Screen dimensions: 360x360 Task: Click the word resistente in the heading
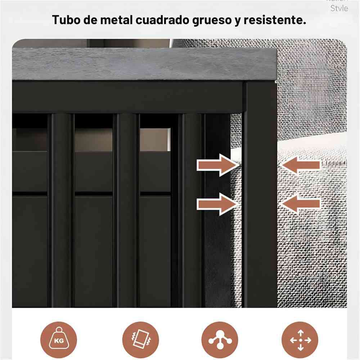pos(274,20)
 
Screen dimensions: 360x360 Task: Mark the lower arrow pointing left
pos(301,204)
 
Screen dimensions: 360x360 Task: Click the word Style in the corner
pos(339,8)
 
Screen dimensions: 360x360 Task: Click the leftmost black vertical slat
pos(61,211)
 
